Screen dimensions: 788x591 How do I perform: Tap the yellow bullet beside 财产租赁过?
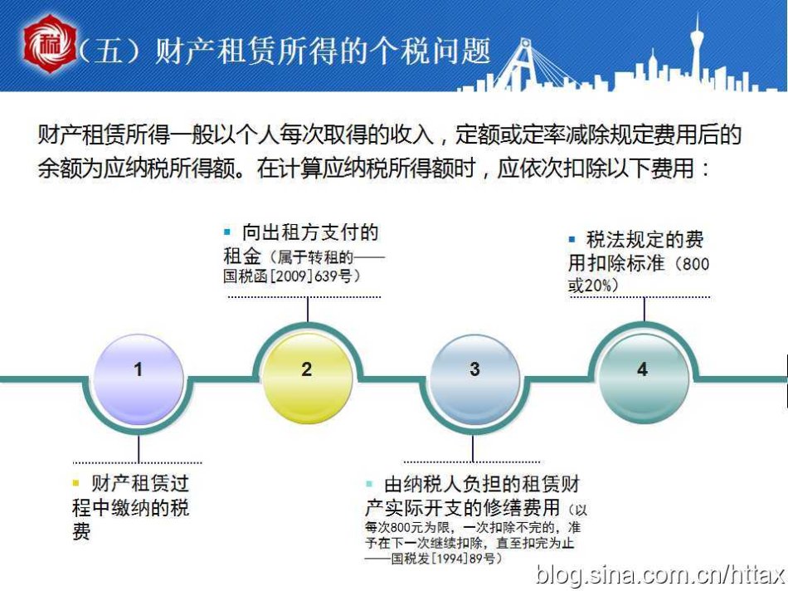[76, 483]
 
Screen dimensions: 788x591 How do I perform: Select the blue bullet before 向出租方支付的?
[227, 232]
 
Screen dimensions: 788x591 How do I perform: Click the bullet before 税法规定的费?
[572, 239]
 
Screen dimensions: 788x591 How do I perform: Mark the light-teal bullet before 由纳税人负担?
[369, 484]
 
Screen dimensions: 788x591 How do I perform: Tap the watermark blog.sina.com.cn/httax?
[660, 575]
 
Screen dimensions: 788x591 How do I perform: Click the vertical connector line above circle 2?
[308, 310]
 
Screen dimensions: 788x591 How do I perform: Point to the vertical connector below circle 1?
[139, 449]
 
